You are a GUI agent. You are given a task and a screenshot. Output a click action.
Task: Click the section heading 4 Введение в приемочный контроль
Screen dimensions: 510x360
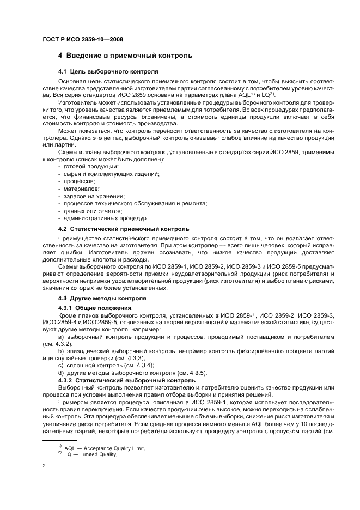[x=125, y=56]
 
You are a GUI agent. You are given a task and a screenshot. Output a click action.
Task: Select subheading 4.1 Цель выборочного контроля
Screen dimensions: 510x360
[x=108, y=71]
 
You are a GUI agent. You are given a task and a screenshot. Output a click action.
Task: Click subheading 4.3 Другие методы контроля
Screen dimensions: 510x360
[x=102, y=299]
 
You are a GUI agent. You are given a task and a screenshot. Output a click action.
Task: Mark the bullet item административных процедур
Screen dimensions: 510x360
[x=98, y=218]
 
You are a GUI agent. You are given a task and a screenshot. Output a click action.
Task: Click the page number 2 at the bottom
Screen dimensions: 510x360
[x=44, y=467]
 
